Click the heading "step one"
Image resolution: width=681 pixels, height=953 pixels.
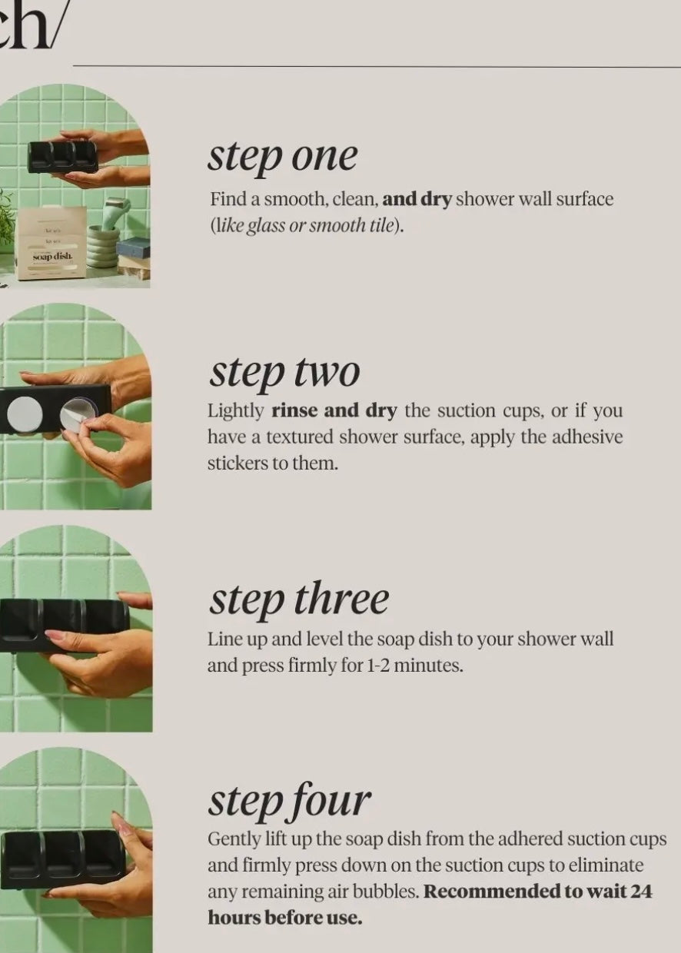282,156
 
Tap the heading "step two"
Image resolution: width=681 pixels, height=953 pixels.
284,372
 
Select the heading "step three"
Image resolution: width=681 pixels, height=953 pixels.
298,599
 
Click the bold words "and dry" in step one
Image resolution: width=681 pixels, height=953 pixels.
416,200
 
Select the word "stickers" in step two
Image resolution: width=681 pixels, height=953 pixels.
236,464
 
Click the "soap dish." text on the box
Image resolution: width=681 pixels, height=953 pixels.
58,255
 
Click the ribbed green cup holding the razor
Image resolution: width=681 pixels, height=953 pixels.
102,247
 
